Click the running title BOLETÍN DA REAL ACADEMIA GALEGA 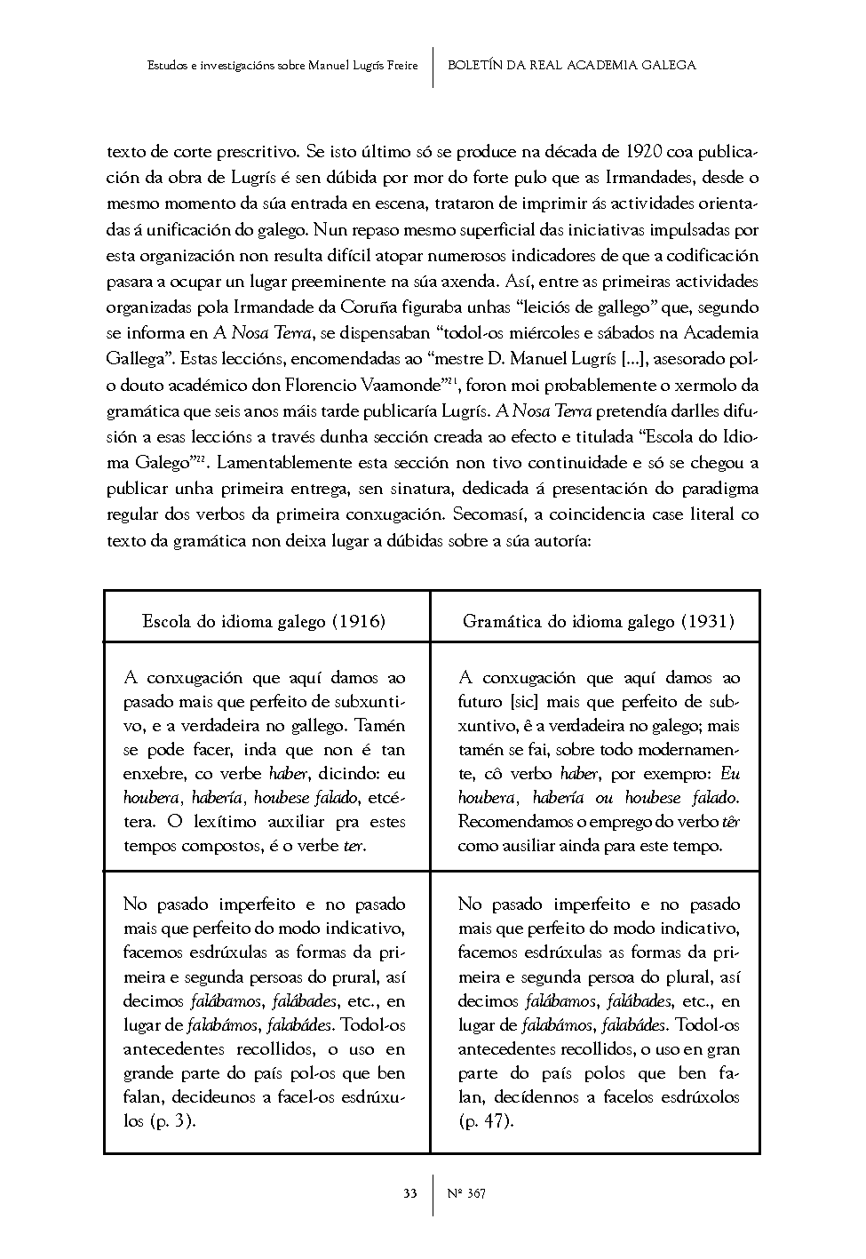pos(572,66)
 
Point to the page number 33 pos(410,1192)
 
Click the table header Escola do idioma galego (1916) pos(264,621)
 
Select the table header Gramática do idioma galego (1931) pos(598,621)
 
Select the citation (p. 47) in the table pos(486,1121)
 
